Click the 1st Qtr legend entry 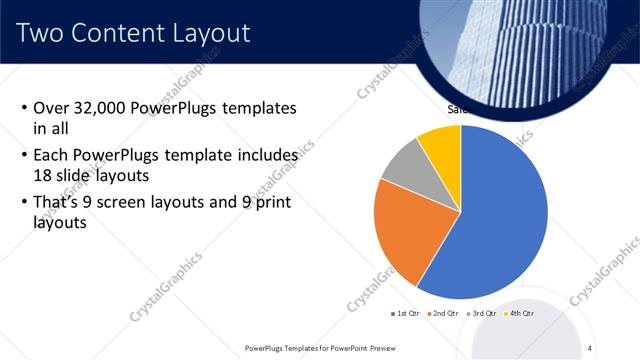point(406,314)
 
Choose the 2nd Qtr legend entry point(442,314)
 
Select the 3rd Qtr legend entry point(481,314)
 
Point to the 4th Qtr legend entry point(519,314)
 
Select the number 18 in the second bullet point(43,174)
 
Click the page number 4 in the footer point(590,347)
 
